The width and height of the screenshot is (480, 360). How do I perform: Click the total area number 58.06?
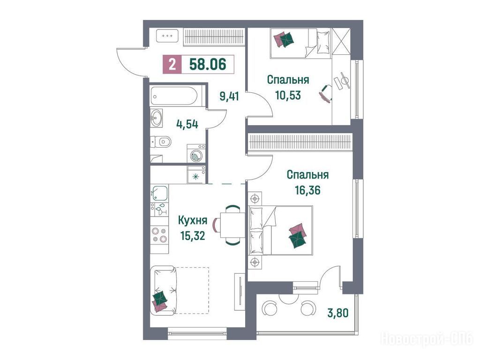click(x=208, y=65)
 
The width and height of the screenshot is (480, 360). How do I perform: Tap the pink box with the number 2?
click(x=172, y=65)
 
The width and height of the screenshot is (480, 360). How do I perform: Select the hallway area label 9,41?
click(x=229, y=97)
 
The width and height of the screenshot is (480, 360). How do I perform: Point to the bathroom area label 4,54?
click(x=187, y=124)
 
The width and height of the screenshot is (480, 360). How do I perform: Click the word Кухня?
click(x=193, y=220)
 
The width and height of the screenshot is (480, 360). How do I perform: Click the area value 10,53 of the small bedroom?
click(x=288, y=95)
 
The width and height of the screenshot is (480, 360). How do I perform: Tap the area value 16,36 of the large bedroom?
click(x=307, y=190)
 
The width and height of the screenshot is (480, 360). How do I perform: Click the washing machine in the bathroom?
click(x=195, y=153)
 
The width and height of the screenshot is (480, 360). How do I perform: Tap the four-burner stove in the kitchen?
click(x=159, y=235)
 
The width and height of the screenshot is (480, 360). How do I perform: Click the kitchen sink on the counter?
click(x=159, y=193)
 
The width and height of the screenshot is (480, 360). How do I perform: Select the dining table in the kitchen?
click(x=232, y=225)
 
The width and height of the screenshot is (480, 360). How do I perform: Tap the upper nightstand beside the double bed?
click(x=255, y=199)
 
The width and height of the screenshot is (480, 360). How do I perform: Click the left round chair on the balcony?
click(x=270, y=308)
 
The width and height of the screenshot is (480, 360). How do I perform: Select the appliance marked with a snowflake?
click(x=196, y=175)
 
